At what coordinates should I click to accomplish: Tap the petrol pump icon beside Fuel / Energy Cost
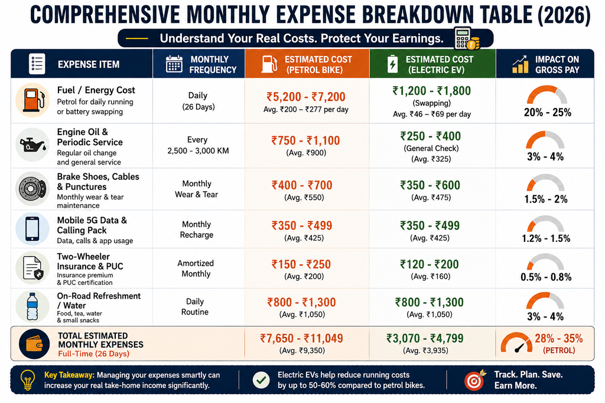(x=32, y=100)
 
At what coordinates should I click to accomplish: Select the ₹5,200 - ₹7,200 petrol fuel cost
(x=306, y=97)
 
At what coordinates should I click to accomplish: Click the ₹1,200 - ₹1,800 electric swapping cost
(x=432, y=91)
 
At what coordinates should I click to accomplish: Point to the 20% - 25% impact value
(x=548, y=113)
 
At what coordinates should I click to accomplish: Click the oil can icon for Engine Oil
(x=32, y=145)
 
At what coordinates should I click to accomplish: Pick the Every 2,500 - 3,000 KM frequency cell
(x=198, y=145)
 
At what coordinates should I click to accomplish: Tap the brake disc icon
(x=32, y=189)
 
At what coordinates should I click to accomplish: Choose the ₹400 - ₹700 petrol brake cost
(x=302, y=185)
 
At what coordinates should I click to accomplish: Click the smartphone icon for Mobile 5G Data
(x=32, y=229)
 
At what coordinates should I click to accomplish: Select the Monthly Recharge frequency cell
(x=197, y=230)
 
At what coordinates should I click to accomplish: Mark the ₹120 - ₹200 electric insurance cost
(x=430, y=264)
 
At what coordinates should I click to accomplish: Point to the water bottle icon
(x=32, y=307)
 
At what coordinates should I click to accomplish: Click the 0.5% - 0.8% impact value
(x=546, y=277)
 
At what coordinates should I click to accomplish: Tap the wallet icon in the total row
(x=34, y=344)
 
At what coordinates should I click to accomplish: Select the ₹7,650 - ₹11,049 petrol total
(x=302, y=338)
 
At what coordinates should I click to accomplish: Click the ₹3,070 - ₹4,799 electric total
(x=425, y=338)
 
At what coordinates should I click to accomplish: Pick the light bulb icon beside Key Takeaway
(x=27, y=380)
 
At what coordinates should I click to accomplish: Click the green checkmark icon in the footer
(x=261, y=380)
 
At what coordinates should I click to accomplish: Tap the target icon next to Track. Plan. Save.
(x=475, y=380)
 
